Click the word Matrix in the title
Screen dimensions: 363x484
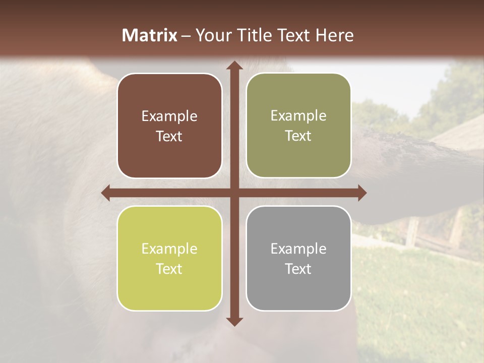click(x=150, y=35)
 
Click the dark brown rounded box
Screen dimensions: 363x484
click(x=169, y=126)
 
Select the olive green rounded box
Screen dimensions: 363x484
click(x=298, y=126)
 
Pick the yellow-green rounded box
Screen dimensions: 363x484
click(x=169, y=258)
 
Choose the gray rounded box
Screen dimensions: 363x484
click(x=298, y=258)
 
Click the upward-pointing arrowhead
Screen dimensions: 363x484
click(x=233, y=65)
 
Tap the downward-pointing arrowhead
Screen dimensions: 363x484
click(x=233, y=321)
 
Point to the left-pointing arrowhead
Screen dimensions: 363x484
click(x=106, y=193)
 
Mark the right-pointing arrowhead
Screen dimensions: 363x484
click(x=361, y=193)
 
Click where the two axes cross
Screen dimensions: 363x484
click(x=233, y=193)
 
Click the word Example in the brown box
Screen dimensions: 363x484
click(x=169, y=116)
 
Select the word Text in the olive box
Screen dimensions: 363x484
click(x=298, y=136)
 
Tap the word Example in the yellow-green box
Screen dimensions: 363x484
click(x=169, y=249)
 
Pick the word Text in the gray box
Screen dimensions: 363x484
click(x=298, y=269)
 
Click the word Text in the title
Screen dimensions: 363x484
click(x=293, y=35)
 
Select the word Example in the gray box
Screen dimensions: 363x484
click(x=298, y=249)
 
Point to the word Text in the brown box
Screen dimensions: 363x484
click(x=169, y=137)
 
